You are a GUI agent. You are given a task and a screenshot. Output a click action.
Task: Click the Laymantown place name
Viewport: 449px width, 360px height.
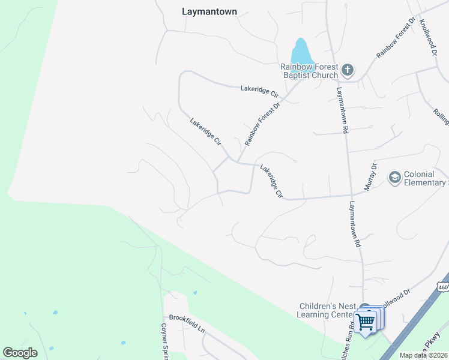pyautogui.click(x=209, y=11)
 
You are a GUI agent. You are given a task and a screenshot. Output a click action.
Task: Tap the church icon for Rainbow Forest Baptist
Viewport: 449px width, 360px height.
pyautogui.click(x=347, y=71)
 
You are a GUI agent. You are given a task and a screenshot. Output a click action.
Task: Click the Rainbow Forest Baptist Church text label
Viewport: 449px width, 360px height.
pyautogui.click(x=310, y=71)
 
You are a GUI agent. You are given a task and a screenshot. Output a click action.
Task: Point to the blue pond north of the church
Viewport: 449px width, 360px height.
pyautogui.click(x=301, y=50)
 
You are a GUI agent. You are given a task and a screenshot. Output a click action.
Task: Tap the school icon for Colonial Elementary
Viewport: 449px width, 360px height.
pyautogui.click(x=394, y=178)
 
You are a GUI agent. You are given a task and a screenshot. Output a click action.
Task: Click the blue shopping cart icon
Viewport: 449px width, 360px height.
pyautogui.click(x=365, y=322)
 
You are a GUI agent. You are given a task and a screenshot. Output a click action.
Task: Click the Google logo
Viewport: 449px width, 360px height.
pyautogui.click(x=20, y=352)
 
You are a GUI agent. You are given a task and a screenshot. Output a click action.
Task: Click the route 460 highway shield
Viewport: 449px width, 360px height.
pyautogui.click(x=443, y=287)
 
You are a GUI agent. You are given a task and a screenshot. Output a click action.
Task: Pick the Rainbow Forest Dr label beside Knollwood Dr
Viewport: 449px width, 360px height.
pyautogui.click(x=396, y=38)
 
